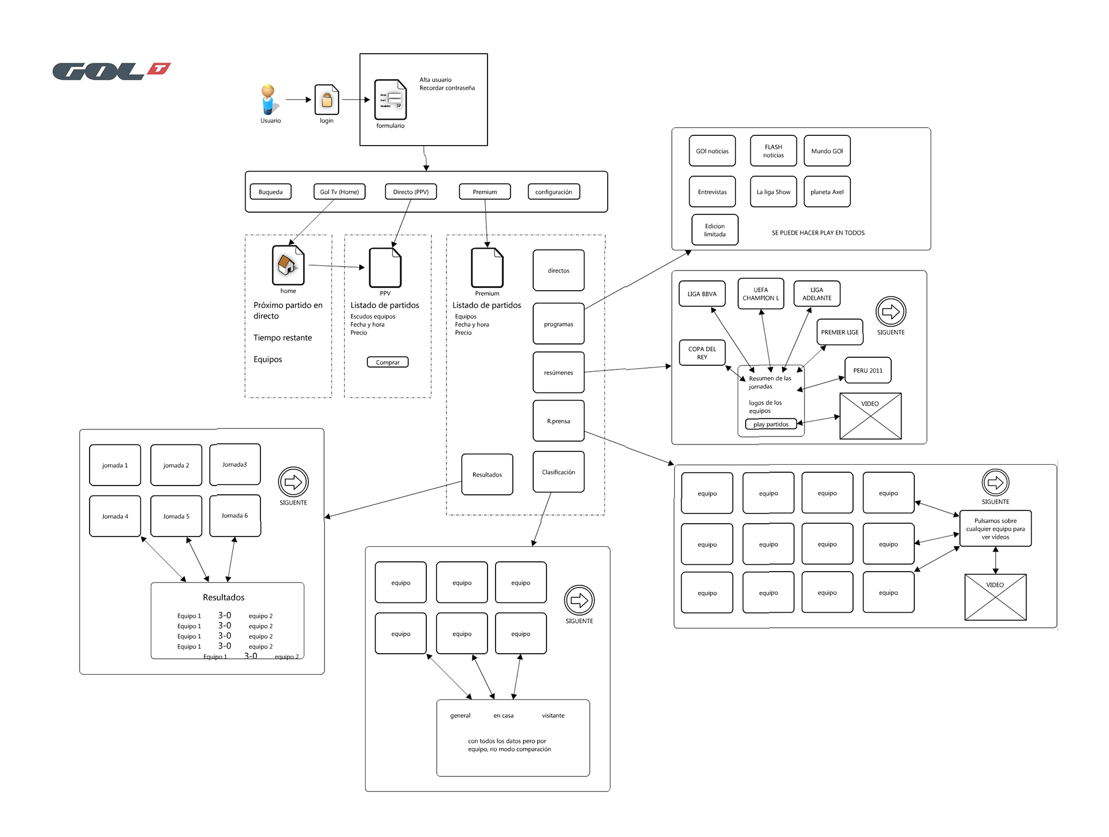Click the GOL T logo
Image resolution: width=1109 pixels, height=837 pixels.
[111, 71]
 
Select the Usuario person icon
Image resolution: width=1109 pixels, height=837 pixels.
[268, 99]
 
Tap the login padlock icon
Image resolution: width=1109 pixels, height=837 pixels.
[327, 99]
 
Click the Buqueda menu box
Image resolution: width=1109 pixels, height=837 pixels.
[270, 192]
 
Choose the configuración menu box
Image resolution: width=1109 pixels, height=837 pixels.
[554, 192]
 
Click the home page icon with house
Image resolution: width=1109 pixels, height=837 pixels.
[288, 265]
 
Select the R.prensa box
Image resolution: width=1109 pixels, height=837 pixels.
[559, 421]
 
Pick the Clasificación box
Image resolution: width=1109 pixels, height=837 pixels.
[559, 472]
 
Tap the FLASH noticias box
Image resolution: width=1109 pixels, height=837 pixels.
[773, 151]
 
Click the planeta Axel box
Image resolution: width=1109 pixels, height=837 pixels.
[827, 192]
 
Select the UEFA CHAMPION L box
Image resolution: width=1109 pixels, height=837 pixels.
[761, 294]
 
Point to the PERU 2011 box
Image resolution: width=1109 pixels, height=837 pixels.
[868, 371]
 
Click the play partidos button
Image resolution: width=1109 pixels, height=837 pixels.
[771, 424]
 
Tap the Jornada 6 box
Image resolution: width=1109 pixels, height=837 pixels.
[235, 516]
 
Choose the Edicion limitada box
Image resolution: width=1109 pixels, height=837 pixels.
[715, 230]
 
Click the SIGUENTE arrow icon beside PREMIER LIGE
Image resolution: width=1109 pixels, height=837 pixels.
[891, 312]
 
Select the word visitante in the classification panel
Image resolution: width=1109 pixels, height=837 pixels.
[553, 716]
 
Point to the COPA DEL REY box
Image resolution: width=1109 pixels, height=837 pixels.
[702, 353]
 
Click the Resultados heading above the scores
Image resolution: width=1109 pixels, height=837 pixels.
[224, 597]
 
